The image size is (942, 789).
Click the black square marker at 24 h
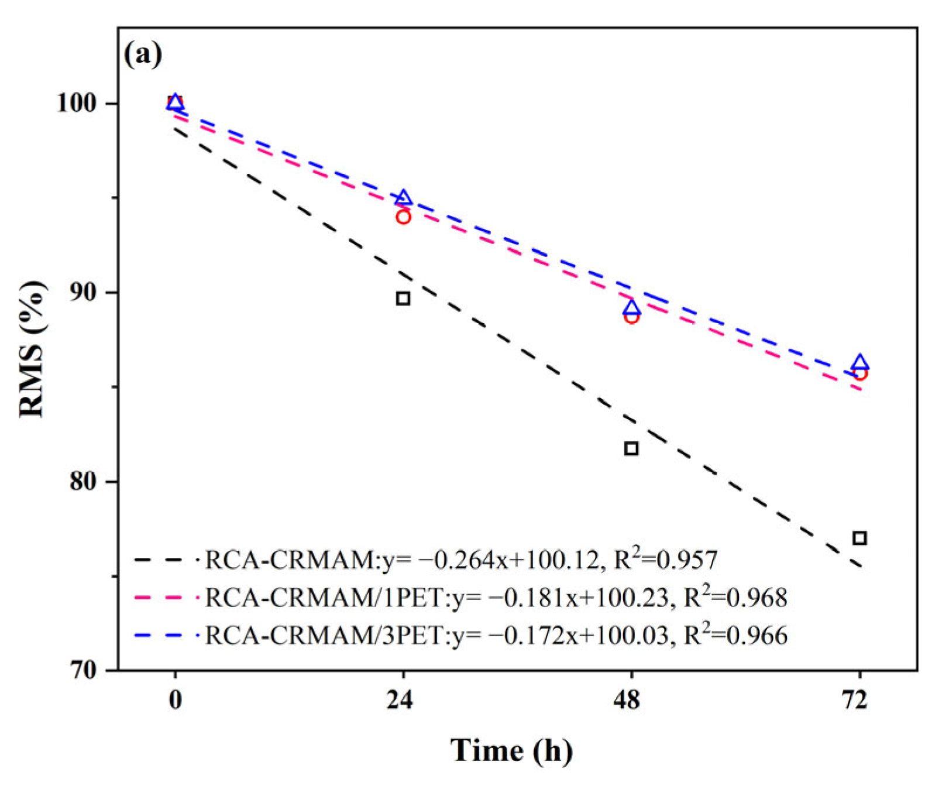(x=403, y=299)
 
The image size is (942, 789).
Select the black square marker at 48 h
(x=631, y=449)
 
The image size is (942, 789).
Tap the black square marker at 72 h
(x=859, y=538)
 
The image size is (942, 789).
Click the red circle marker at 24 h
(x=403, y=217)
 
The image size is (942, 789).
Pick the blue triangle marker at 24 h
(x=403, y=198)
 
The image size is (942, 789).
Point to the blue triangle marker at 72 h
(x=860, y=362)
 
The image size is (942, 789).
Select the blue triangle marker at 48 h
(x=631, y=308)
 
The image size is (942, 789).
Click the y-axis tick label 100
(x=76, y=104)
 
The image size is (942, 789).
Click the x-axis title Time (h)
(x=511, y=750)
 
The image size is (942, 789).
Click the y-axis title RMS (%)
(x=32, y=349)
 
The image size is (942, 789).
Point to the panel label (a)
(x=143, y=55)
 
